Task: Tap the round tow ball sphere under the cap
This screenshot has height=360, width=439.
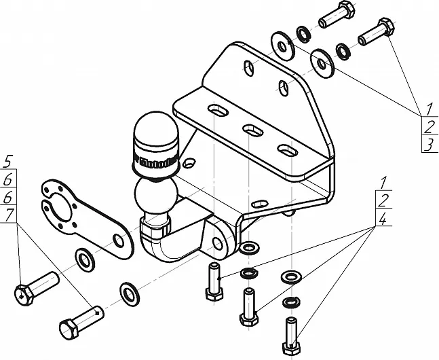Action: coord(155,194)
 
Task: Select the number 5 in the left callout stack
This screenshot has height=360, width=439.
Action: coord(7,162)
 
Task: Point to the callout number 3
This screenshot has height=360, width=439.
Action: coord(429,144)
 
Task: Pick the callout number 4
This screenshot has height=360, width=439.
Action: coord(383,219)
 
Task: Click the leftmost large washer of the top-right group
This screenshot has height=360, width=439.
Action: coord(281,41)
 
